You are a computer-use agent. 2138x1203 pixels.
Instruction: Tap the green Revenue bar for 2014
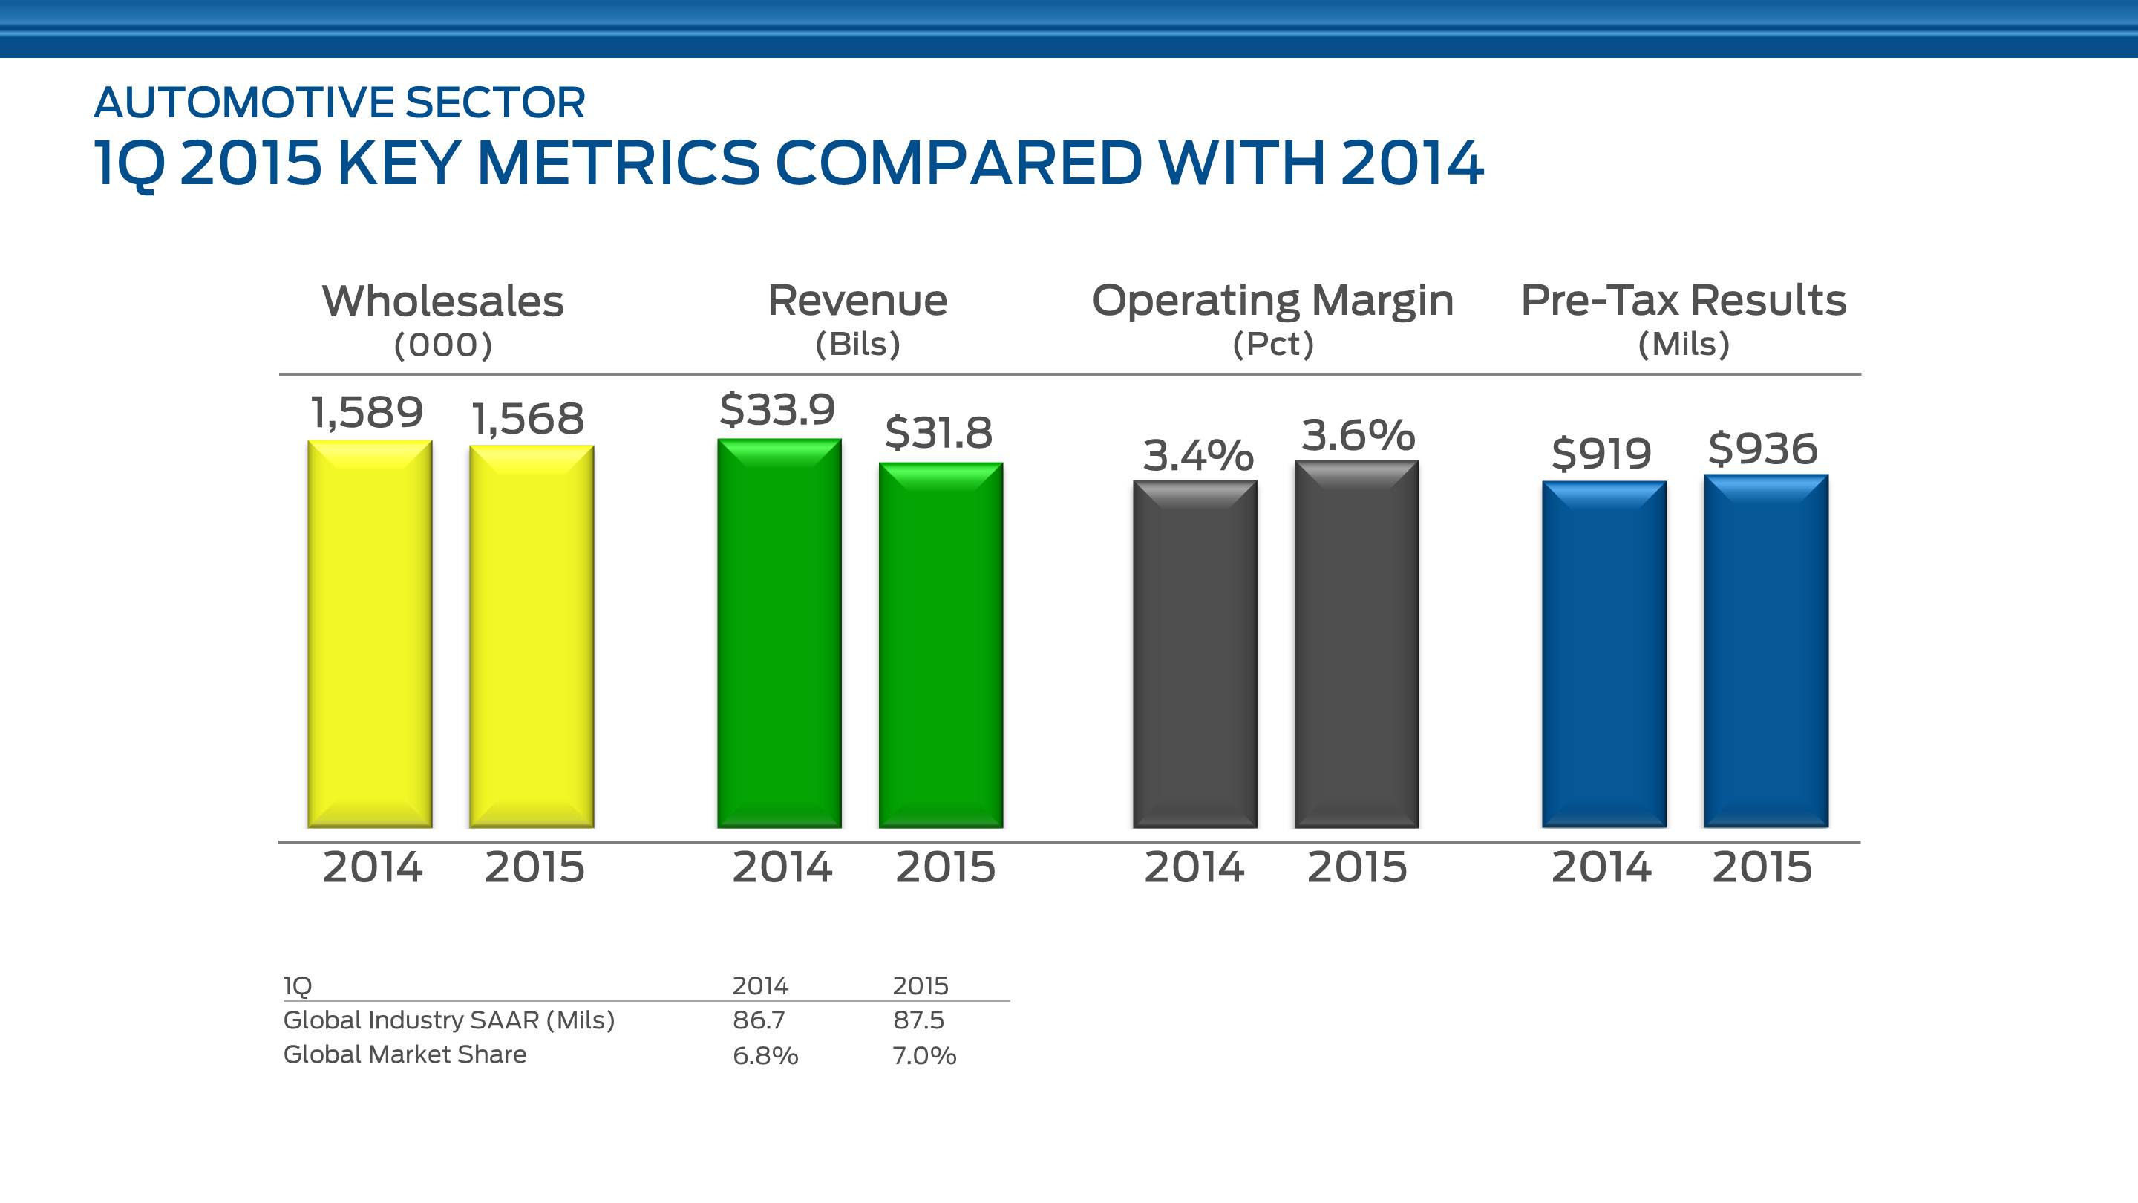tap(779, 633)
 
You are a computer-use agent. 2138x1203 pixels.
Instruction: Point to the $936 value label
tap(1763, 449)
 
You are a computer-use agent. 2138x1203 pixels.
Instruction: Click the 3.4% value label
tap(1197, 455)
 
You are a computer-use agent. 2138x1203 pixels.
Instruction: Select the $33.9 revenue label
tap(777, 409)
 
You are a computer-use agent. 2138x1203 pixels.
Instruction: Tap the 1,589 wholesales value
tap(367, 413)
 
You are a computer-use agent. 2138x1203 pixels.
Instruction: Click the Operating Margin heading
tap(1272, 301)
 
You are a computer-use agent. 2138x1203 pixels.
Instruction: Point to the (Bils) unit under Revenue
tap(857, 344)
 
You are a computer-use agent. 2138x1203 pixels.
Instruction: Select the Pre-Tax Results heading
tap(1683, 301)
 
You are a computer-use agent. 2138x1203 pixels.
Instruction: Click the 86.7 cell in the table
tap(758, 1020)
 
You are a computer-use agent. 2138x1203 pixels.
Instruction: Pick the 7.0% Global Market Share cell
tap(923, 1055)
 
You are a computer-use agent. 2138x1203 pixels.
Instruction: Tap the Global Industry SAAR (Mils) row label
tap(449, 1020)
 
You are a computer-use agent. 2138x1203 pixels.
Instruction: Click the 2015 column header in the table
tap(920, 985)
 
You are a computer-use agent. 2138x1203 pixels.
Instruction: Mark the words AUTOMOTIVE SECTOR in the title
tap(339, 103)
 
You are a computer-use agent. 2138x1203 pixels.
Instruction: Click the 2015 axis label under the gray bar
tap(1357, 867)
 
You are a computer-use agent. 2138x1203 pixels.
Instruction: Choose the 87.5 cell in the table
tap(918, 1020)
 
